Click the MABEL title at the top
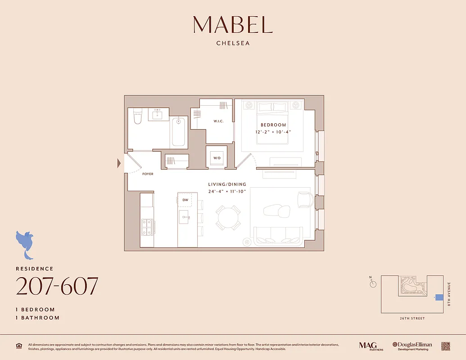(233, 25)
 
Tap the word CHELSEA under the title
(233, 44)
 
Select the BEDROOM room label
(273, 125)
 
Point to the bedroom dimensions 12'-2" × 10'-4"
(273, 132)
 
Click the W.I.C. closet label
(218, 121)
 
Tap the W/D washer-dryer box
(217, 157)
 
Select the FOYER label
(148, 174)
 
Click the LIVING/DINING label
(227, 184)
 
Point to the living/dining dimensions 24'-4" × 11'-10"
(227, 191)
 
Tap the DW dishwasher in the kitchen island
(185, 200)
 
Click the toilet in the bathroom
(138, 117)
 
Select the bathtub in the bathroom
(179, 131)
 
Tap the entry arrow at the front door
(119, 163)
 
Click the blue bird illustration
(25, 243)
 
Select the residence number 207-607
(57, 286)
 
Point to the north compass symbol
(372, 283)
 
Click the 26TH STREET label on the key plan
(412, 319)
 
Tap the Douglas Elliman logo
(412, 346)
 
